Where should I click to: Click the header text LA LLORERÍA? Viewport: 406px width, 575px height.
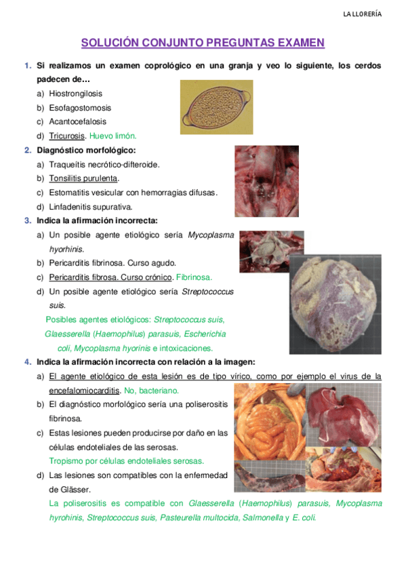[x=362, y=14]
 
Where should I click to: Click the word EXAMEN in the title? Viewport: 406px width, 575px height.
[x=300, y=43]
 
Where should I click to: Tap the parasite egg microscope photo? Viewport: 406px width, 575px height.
[x=216, y=107]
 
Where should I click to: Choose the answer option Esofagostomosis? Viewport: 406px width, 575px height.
[x=80, y=108]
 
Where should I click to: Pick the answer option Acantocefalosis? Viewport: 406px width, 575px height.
[x=77, y=122]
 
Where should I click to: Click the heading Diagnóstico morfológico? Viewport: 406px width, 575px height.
[x=86, y=150]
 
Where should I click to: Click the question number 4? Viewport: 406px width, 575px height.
[x=27, y=362]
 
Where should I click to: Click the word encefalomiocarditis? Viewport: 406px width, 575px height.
[x=94, y=391]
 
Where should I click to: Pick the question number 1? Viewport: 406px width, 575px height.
[x=27, y=66]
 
